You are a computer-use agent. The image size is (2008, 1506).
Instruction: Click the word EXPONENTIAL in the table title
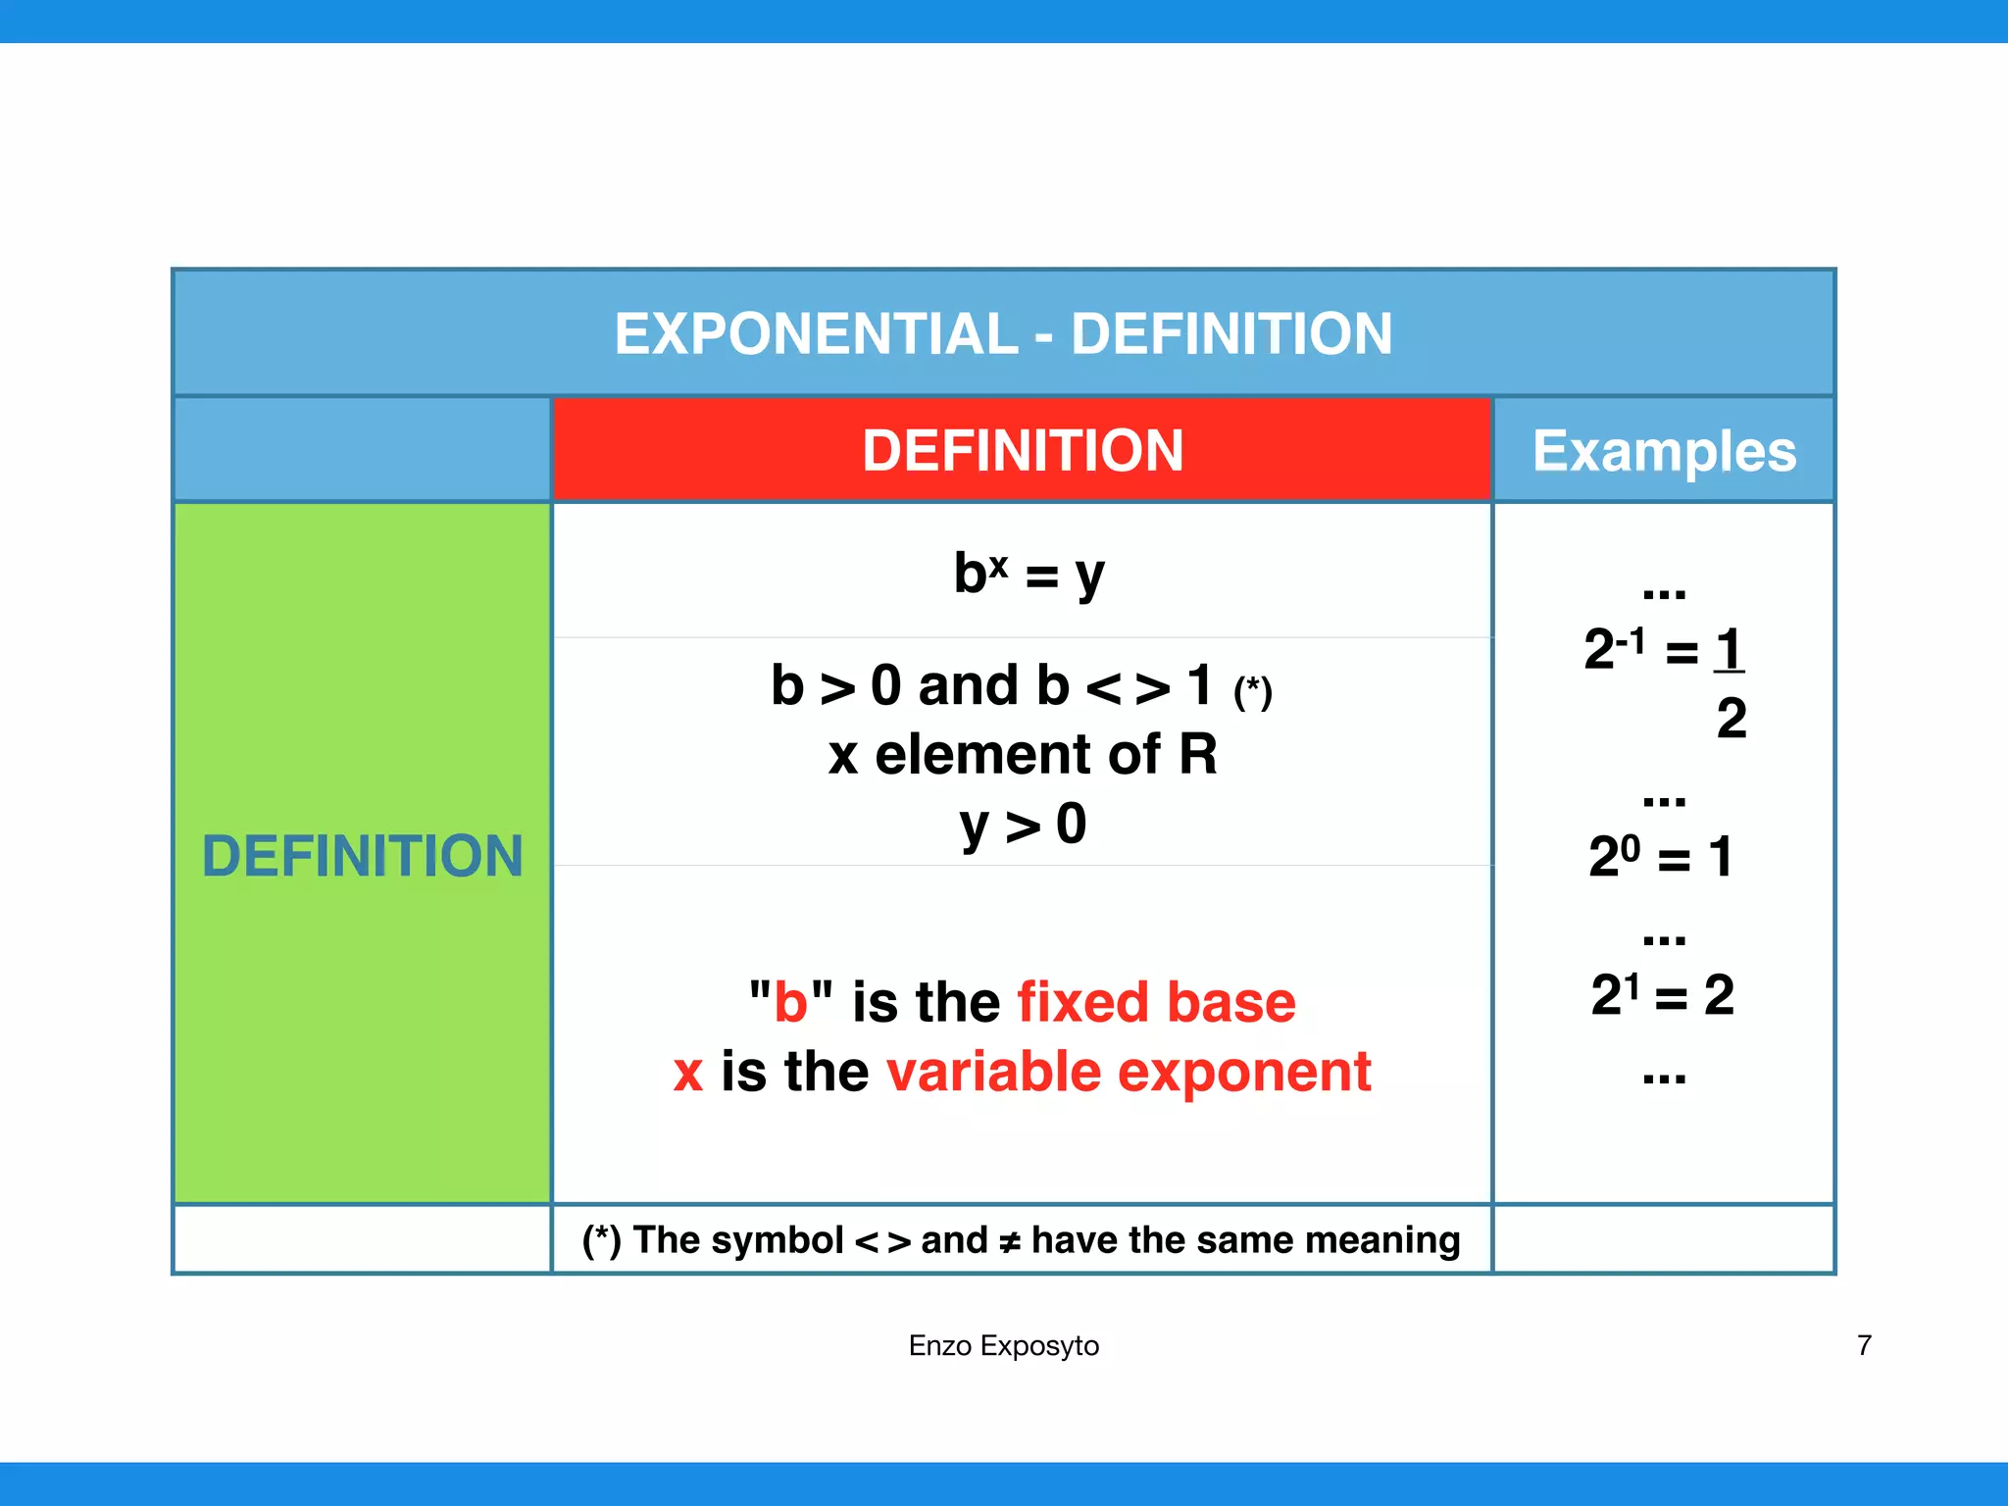[816, 334]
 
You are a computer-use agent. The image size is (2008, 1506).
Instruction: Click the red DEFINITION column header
[1023, 451]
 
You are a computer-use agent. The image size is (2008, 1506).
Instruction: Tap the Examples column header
[1664, 452]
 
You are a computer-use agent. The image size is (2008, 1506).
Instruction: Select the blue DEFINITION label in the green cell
[362, 856]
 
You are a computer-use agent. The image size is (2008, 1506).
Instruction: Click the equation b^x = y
[1029, 575]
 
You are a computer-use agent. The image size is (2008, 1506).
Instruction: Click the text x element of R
[1023, 755]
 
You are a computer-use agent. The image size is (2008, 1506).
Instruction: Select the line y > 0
[1023, 825]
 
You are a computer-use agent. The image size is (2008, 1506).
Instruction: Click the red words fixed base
[1156, 1002]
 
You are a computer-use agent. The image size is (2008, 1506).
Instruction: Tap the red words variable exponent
[1129, 1072]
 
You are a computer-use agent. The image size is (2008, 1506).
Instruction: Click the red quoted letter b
[790, 1003]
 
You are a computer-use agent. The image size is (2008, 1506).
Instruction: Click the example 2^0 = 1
[1661, 857]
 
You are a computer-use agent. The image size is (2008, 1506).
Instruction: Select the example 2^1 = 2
[1662, 995]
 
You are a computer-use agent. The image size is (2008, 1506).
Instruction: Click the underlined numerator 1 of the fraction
[1729, 649]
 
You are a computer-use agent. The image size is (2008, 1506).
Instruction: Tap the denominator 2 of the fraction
[1732, 719]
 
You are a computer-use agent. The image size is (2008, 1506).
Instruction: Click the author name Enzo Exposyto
[1003, 1346]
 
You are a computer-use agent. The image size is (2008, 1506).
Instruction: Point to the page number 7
[1864, 1345]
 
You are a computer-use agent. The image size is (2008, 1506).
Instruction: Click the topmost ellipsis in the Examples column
[1664, 592]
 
